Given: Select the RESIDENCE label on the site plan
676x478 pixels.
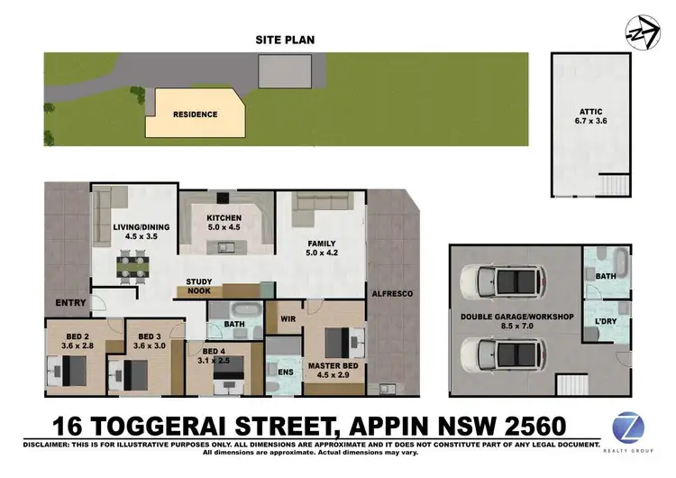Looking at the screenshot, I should [195, 115].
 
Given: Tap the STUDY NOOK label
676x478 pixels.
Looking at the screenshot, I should [198, 287].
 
